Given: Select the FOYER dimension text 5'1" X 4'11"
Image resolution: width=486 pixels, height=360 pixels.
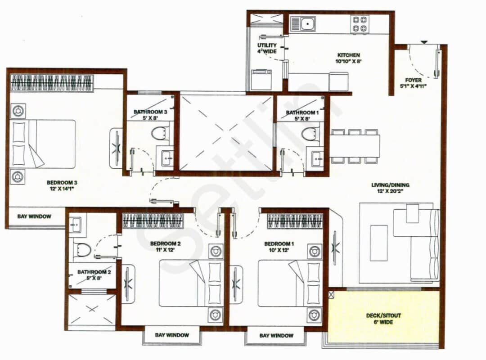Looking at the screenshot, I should pyautogui.click(x=413, y=86).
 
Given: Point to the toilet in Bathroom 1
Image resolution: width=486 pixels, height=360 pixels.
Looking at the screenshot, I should pyautogui.click(x=308, y=133).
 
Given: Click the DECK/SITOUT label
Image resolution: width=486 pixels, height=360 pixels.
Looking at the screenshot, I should pyautogui.click(x=384, y=315).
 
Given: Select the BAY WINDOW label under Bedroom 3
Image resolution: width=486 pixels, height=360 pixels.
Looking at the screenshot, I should pyautogui.click(x=34, y=216).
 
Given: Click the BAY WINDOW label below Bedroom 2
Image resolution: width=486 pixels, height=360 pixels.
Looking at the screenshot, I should pyautogui.click(x=172, y=335).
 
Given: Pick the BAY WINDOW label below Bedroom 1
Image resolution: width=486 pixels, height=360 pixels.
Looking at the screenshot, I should pyautogui.click(x=276, y=335).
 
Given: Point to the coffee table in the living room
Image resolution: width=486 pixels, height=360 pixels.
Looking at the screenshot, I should pyautogui.click(x=378, y=243).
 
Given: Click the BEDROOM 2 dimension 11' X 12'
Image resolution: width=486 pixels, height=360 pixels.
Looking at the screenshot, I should pyautogui.click(x=165, y=250).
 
